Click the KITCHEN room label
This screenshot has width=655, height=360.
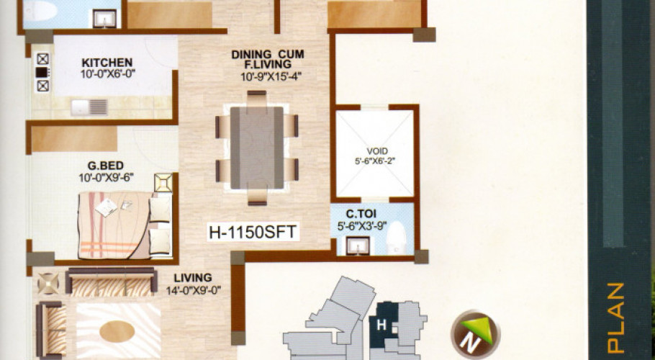coord(107,63)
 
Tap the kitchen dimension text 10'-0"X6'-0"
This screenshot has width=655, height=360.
coord(107,74)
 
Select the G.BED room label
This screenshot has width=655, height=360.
coord(106,166)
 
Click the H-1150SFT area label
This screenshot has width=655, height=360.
coord(253,232)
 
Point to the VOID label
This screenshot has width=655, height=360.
coord(376,150)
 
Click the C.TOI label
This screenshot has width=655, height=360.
coord(361,215)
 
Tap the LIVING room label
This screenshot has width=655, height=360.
coord(193,278)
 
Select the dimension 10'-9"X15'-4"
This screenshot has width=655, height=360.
coord(271,77)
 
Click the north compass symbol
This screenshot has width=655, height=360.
coord(475,333)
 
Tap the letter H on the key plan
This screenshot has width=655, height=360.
coord(381,325)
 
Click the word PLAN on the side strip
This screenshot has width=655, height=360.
coord(615,318)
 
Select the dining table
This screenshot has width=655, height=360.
coord(256,148)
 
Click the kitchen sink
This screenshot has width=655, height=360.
coord(89,107)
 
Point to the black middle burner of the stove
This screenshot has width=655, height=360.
coord(42,72)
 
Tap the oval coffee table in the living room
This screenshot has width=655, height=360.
coord(117,332)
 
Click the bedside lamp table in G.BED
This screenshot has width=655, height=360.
coord(163,183)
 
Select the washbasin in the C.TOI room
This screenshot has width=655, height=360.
coord(358,246)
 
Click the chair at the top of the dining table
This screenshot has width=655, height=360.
coord(256,99)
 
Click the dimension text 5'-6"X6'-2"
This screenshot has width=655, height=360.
coord(375,161)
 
